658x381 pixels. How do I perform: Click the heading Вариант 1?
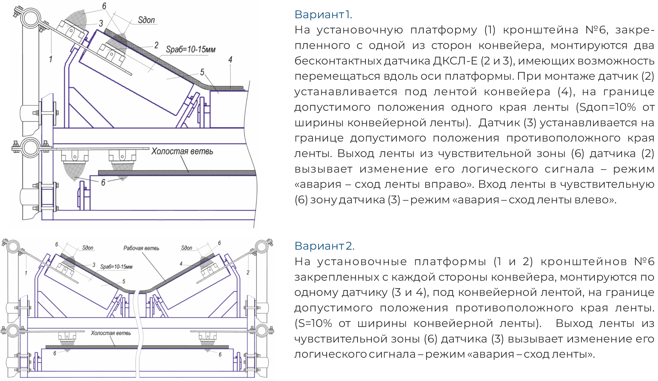[x=323, y=14]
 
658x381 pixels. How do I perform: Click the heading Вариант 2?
[x=325, y=246]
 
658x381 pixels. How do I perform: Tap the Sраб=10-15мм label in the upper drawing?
[x=191, y=49]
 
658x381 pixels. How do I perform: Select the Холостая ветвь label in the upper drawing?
[x=182, y=151]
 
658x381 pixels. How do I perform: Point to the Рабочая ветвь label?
[x=141, y=248]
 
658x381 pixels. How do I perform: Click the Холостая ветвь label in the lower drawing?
[x=111, y=333]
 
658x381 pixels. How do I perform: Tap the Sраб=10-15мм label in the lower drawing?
[x=116, y=267]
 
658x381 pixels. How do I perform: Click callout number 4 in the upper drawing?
[x=230, y=60]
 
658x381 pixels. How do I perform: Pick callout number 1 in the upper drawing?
[x=51, y=59]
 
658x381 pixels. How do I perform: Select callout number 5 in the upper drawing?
[x=202, y=72]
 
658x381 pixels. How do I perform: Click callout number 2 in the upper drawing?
[x=156, y=45]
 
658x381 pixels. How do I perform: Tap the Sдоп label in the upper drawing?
[x=146, y=20]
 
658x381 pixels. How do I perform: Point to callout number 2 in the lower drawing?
[x=248, y=272]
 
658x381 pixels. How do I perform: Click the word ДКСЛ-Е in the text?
[x=455, y=61]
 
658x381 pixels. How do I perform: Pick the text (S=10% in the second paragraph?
[x=313, y=323]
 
